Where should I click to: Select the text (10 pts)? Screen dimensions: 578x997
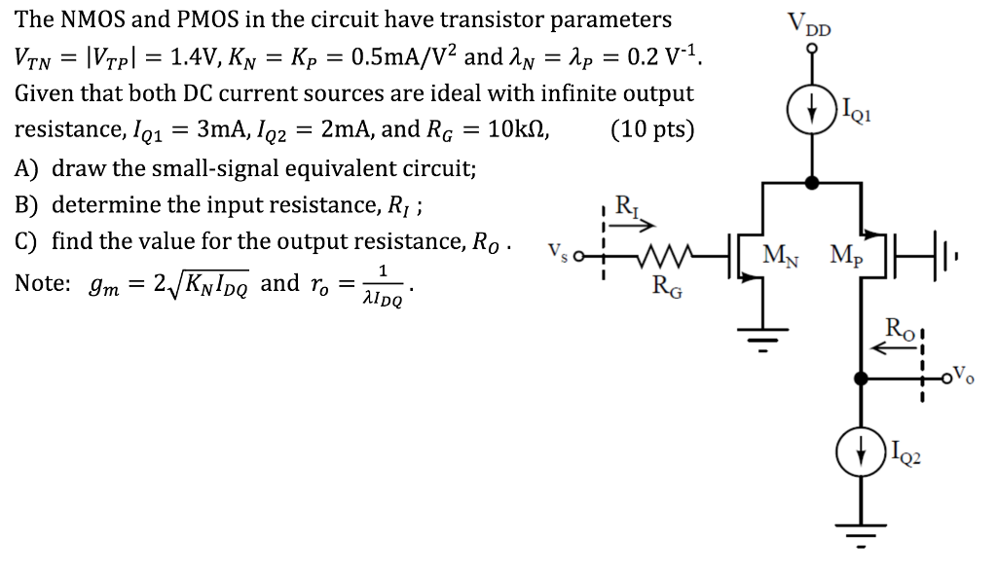[652, 129]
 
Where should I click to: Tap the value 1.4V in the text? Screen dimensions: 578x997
[198, 55]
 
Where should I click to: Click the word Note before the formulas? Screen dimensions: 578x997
[44, 283]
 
